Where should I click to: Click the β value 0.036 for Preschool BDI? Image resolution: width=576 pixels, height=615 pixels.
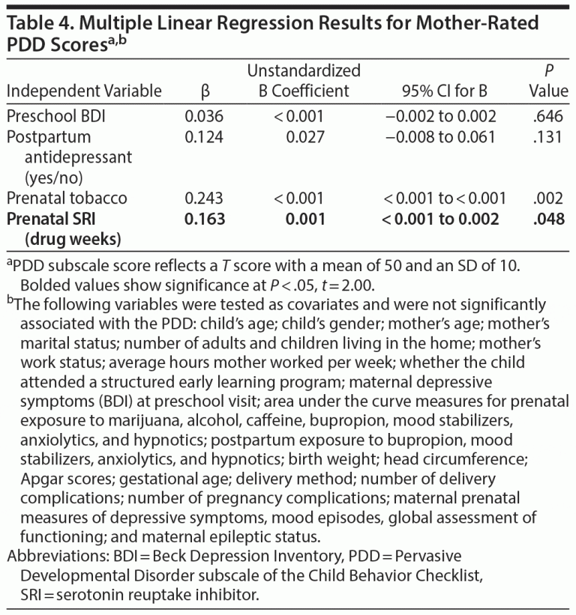coord(204,117)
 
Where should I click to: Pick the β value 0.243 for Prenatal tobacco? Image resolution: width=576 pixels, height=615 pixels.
coord(204,199)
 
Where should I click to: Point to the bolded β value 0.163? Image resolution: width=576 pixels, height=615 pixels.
coord(204,219)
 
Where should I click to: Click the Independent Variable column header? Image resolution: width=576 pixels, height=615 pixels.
coord(84,92)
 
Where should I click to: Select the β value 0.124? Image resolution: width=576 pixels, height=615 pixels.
coord(204,137)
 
